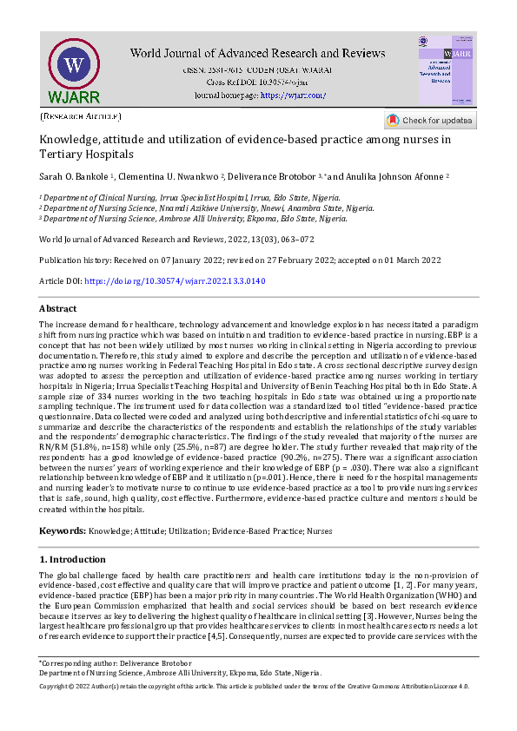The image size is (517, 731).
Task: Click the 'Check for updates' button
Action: [430, 120]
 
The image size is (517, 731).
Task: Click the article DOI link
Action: [174, 281]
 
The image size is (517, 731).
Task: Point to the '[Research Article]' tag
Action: [81, 115]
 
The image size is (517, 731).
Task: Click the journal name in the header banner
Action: [257, 53]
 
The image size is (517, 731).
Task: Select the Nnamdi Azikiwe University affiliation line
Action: [209, 208]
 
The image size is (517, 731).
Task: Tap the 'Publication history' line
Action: [240, 260]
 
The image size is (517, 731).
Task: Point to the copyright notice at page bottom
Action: [255, 686]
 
